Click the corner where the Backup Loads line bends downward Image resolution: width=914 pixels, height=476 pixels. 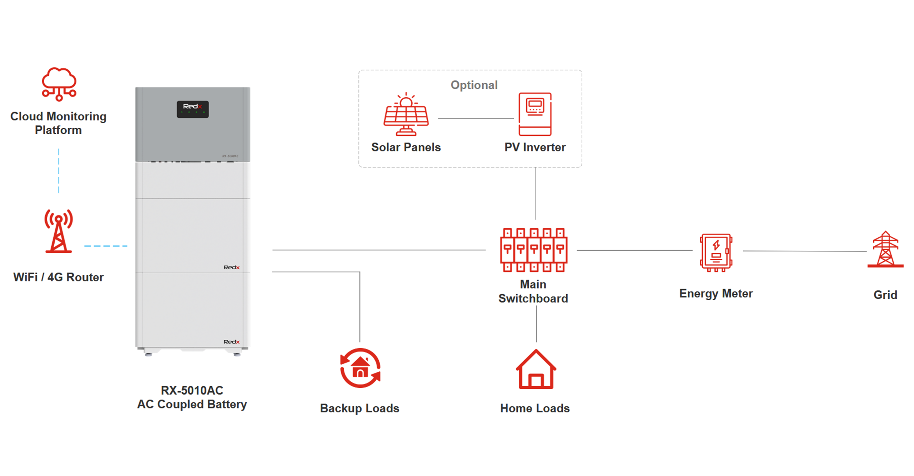point(360,272)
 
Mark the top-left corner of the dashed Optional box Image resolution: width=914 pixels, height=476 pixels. point(359,70)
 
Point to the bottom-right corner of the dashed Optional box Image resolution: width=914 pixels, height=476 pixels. point(582,167)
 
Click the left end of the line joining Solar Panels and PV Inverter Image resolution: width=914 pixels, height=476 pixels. point(438,118)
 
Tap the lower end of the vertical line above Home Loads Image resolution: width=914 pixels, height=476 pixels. point(536,342)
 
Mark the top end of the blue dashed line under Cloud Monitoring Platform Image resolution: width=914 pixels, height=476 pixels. point(59,149)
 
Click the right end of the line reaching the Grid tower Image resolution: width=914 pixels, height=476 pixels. point(867,251)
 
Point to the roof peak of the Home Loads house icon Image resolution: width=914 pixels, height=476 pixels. point(536,350)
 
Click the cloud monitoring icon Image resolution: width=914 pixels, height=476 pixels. point(59,84)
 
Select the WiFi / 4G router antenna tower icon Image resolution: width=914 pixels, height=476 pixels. point(59,231)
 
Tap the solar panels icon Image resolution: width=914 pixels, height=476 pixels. point(406,114)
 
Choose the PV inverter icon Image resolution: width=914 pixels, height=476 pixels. point(535,114)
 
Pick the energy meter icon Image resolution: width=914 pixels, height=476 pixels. point(716,252)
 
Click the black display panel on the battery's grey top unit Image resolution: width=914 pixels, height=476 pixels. point(193,109)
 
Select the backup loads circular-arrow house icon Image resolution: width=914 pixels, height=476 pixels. point(360,368)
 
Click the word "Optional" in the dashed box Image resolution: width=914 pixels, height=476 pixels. point(474,85)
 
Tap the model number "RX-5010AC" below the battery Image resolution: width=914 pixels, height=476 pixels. point(192,390)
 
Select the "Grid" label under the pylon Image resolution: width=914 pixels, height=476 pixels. point(885,295)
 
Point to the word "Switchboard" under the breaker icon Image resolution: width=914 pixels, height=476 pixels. point(533,299)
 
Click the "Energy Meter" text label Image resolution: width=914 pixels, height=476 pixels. point(716,294)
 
